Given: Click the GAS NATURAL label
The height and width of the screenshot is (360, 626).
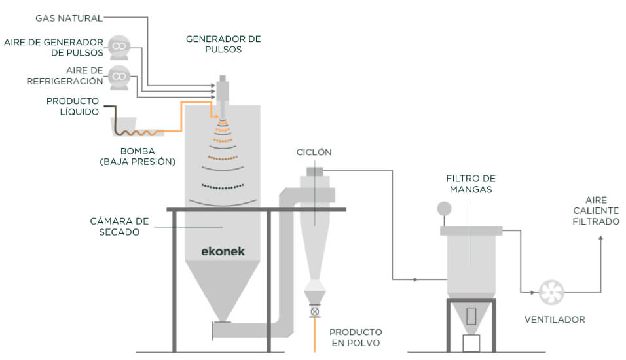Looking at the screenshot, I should pos(68,18).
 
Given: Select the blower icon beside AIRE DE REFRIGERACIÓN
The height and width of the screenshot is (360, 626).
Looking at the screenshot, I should pos(119,77).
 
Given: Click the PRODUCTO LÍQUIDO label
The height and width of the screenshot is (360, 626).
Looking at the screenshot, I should pos(72,106).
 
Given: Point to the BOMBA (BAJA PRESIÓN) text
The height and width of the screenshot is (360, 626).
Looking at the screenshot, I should pos(138,156).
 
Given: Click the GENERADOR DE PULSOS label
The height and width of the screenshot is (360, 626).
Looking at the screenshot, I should pos(223,44).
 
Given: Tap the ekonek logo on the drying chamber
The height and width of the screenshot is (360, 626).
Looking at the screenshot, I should pos(223,251).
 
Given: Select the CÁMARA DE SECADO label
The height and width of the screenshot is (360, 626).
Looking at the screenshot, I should pos(115,226).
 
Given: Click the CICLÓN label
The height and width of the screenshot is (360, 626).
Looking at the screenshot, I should pos(313,152).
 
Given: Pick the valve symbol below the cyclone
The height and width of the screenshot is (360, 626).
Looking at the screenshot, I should pos(315,312).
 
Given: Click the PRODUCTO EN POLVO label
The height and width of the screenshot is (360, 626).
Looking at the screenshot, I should pos(356,337).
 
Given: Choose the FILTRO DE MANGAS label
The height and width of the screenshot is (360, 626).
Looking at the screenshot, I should pos(470,183).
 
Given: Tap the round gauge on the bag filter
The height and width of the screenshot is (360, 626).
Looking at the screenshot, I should pos(445,208).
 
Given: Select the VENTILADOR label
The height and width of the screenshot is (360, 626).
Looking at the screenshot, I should pos(555,319).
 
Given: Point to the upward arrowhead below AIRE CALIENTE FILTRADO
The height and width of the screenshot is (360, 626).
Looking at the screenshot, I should pos(601,240).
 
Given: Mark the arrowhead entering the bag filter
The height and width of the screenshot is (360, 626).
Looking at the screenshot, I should pos(415,280).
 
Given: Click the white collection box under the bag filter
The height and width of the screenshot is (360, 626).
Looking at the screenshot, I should pos(471,343).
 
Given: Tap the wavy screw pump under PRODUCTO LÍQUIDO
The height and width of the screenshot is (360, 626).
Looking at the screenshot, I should pos(138,132).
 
